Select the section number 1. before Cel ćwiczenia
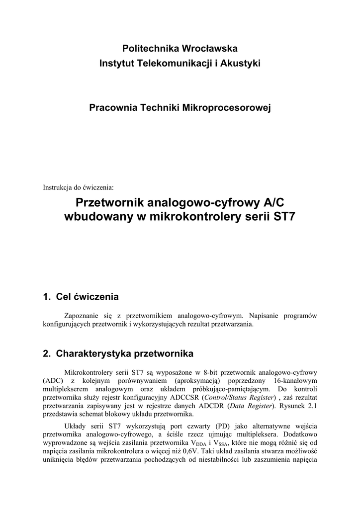[x=47, y=297]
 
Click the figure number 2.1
[x=312, y=406]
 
